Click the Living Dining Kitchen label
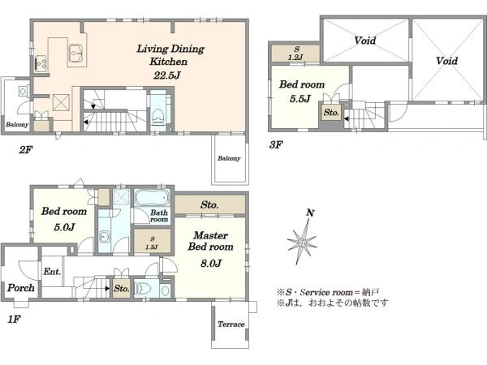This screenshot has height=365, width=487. (170, 54)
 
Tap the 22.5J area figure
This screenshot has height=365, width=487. (166, 75)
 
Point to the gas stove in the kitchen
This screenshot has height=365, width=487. (41, 63)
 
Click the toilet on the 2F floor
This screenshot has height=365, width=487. (157, 116)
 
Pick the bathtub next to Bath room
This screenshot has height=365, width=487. (153, 197)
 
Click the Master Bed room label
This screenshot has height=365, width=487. (210, 241)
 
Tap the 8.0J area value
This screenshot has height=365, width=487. (211, 263)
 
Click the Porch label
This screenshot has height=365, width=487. (21, 288)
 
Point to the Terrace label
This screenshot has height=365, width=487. (231, 324)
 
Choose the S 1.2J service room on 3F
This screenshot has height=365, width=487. (295, 53)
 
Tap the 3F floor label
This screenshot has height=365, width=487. (276, 144)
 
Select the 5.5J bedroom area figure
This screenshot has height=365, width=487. (300, 99)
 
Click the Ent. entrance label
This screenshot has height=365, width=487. (52, 272)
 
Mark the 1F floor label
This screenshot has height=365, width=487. (14, 319)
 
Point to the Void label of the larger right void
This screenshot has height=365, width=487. (446, 61)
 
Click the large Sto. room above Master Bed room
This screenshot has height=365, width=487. (209, 204)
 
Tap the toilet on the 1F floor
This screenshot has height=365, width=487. (144, 288)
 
